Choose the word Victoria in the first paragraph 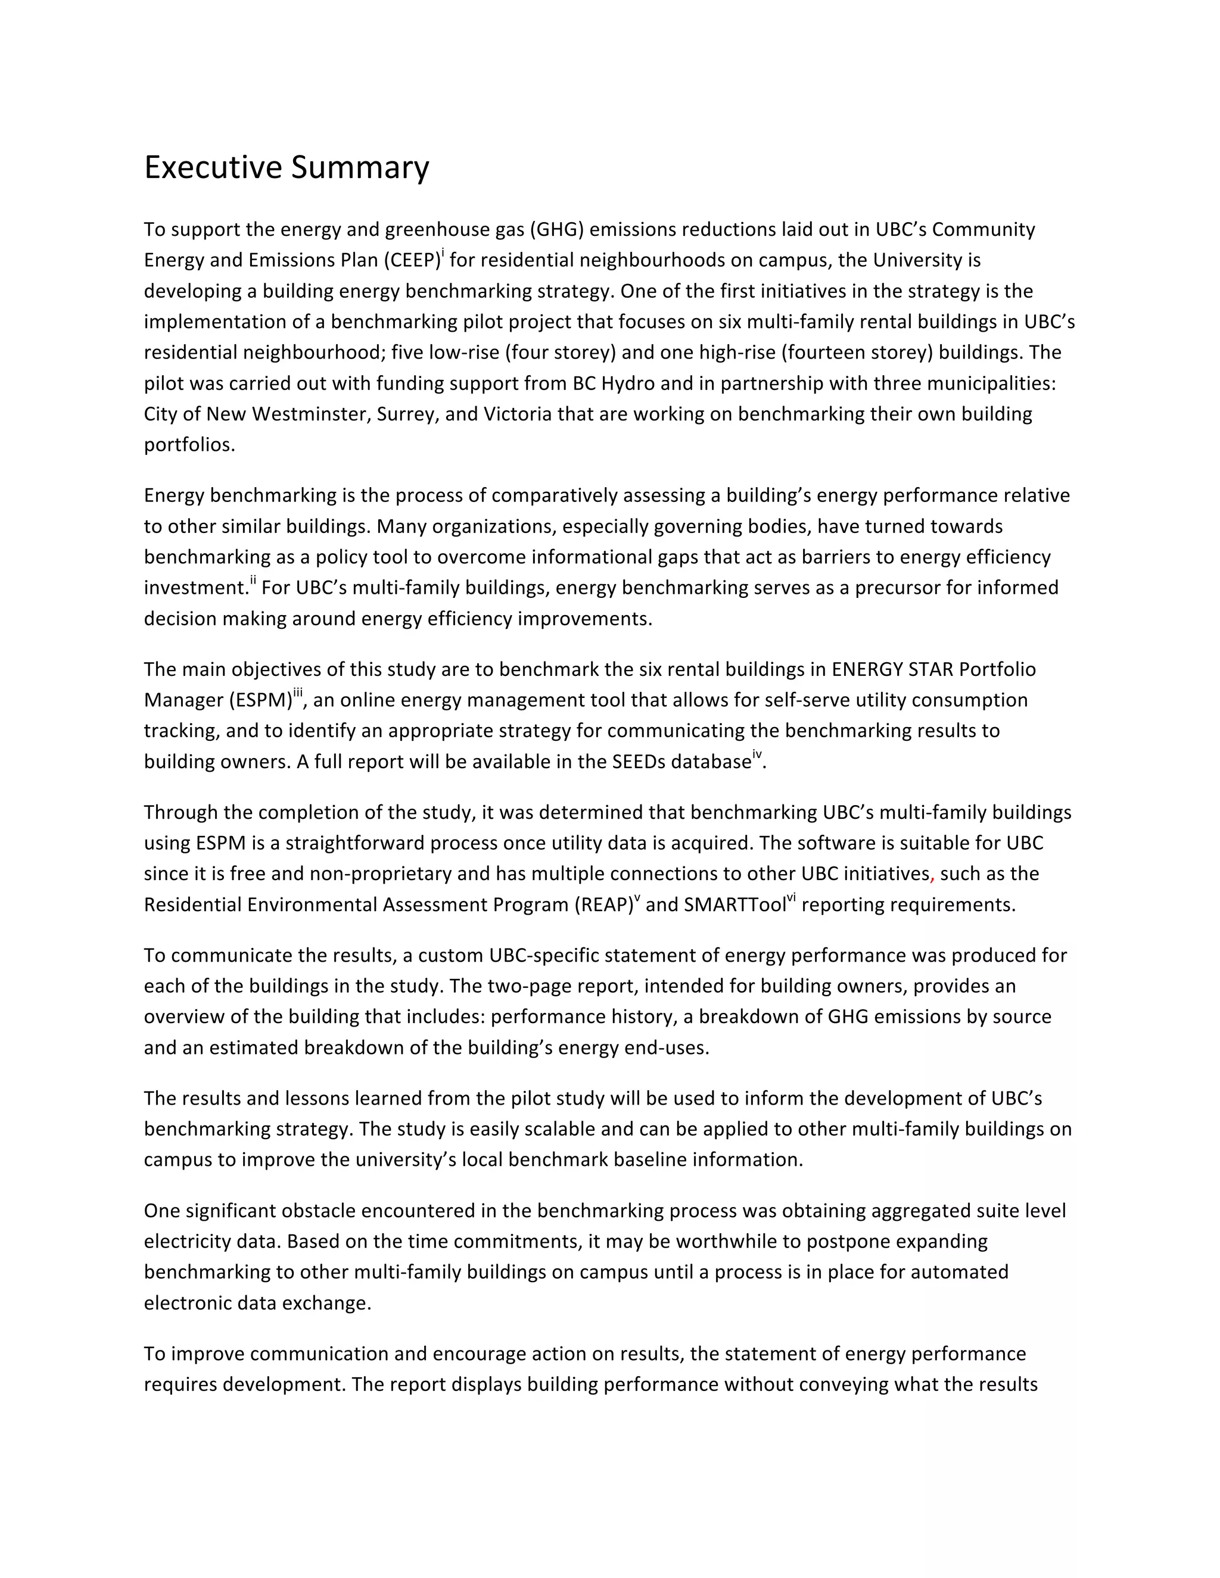coord(515,414)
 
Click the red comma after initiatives coord(932,877)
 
